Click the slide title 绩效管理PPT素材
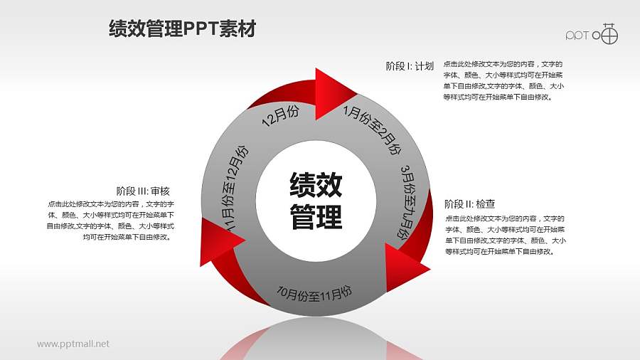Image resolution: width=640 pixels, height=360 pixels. (182, 29)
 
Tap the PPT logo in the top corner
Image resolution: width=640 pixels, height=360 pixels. (592, 34)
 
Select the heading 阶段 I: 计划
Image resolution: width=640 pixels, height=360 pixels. (410, 66)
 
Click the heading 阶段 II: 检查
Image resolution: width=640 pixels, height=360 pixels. (469, 203)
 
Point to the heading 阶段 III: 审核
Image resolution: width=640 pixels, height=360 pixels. (142, 191)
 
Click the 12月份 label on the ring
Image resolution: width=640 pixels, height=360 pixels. (280, 117)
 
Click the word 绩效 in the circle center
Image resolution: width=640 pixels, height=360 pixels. (316, 186)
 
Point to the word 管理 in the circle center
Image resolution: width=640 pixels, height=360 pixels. (316, 216)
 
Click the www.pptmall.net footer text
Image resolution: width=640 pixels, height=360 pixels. (73, 344)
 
